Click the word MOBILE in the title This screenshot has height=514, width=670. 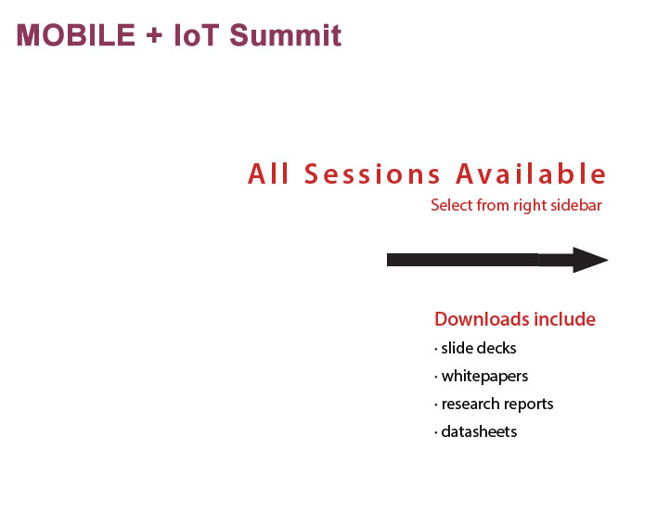click(76, 35)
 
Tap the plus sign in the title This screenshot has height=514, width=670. click(154, 35)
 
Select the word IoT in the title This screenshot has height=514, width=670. click(197, 35)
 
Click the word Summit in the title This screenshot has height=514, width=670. click(286, 35)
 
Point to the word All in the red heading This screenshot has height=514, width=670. click(268, 173)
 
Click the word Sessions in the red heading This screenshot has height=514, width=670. click(372, 173)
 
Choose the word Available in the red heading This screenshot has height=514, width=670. click(531, 173)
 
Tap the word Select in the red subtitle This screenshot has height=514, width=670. click(451, 205)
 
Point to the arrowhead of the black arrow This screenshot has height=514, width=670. click(607, 260)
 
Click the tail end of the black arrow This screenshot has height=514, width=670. click(388, 260)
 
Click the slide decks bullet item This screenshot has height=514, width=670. click(475, 348)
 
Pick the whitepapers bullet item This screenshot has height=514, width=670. click(481, 377)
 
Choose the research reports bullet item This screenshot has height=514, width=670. click(494, 404)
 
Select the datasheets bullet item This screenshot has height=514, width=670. click(475, 431)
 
